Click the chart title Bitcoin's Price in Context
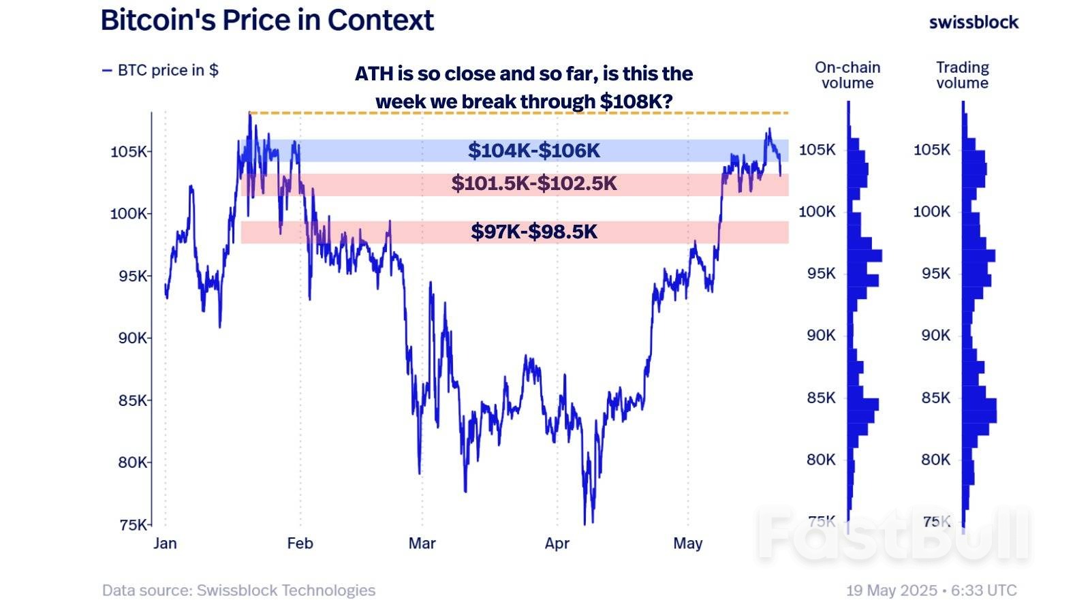(x=267, y=20)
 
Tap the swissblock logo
(x=974, y=22)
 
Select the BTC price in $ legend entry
(x=161, y=70)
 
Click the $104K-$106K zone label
(x=533, y=151)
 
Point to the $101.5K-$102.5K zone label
(x=533, y=183)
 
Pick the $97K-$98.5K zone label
(x=533, y=232)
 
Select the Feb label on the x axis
(x=300, y=543)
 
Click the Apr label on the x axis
(x=557, y=543)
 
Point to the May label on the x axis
(x=687, y=543)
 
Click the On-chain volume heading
(x=847, y=75)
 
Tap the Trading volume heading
(x=962, y=75)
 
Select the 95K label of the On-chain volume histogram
(x=821, y=273)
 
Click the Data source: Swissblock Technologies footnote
(x=238, y=590)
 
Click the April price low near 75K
(x=585, y=523)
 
